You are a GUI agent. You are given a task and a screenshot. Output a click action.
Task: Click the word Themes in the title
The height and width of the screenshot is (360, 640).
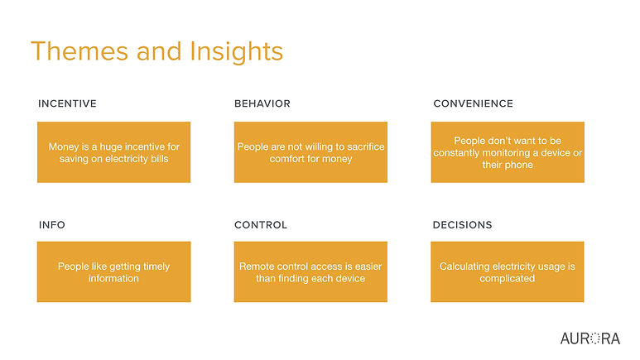click(79, 51)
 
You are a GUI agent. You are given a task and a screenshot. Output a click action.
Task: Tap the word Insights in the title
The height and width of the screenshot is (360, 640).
click(236, 53)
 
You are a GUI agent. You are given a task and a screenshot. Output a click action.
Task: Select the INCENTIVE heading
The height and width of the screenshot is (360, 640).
click(67, 103)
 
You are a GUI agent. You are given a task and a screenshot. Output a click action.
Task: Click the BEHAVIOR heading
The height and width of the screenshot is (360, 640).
click(262, 103)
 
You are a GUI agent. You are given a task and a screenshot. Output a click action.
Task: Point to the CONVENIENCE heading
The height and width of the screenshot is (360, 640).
click(473, 103)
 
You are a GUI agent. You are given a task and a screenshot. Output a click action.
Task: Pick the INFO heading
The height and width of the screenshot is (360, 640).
click(52, 225)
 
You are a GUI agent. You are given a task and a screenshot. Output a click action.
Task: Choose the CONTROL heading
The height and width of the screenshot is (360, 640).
click(261, 225)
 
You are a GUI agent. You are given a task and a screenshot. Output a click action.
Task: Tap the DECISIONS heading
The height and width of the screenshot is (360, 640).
click(463, 225)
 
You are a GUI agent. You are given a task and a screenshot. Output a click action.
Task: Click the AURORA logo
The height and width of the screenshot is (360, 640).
click(590, 338)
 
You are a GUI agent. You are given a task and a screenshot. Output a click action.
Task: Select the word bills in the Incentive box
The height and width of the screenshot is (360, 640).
click(160, 159)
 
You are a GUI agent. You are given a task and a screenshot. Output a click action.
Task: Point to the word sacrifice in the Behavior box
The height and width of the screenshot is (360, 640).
click(366, 146)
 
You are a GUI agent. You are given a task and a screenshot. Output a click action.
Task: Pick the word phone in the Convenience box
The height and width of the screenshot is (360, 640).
click(519, 165)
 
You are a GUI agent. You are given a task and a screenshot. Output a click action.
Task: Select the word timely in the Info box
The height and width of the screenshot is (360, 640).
click(156, 266)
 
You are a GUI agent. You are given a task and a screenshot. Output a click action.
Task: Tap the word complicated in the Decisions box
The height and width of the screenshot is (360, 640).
click(507, 279)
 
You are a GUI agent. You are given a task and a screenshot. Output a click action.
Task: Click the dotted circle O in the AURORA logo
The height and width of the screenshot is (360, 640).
click(595, 338)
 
